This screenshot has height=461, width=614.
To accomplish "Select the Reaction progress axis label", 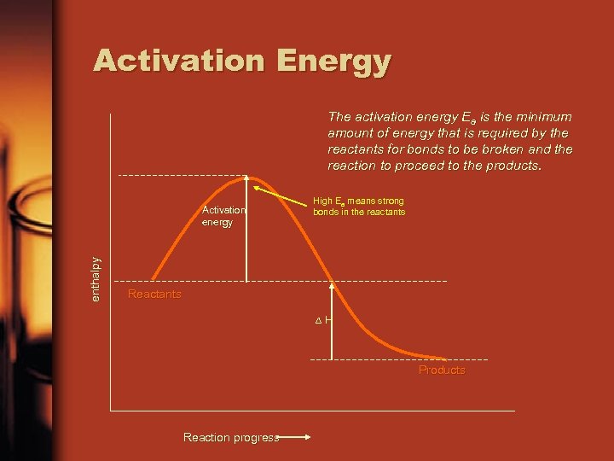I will click(230, 437).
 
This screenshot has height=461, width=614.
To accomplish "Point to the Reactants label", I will click(153, 295).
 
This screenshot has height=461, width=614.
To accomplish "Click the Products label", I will click(442, 371).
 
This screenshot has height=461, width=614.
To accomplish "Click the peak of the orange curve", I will click(244, 178).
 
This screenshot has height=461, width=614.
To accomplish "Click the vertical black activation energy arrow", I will click(247, 230).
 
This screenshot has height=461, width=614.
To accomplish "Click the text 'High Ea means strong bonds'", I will click(358, 206).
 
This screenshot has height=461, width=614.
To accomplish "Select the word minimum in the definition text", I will click(546, 117).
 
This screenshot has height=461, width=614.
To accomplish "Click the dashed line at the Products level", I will click(367, 359).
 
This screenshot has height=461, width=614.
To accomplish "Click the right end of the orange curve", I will click(443, 358).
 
